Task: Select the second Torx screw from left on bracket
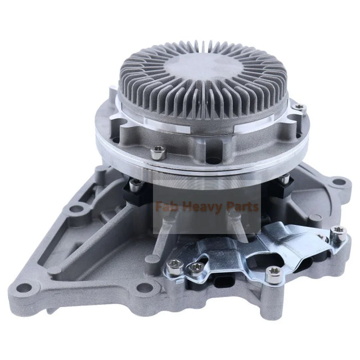click(195, 269)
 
